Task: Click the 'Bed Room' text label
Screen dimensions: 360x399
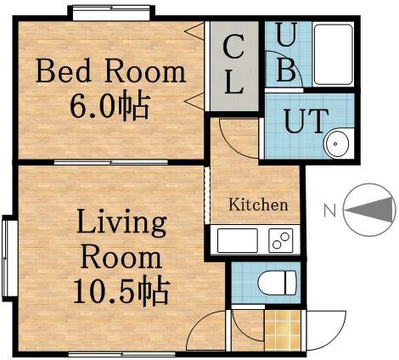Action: coord(110,71)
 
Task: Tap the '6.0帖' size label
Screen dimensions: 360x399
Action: coord(110,106)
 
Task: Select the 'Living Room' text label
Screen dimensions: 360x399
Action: coord(121,240)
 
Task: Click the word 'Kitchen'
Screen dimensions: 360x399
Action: coord(259,205)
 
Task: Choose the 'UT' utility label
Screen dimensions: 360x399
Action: coord(304,121)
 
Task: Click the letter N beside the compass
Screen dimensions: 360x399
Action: coord(332,208)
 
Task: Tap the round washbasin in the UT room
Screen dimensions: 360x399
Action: coord(336,144)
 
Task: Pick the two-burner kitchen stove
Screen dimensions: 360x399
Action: coord(281,239)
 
